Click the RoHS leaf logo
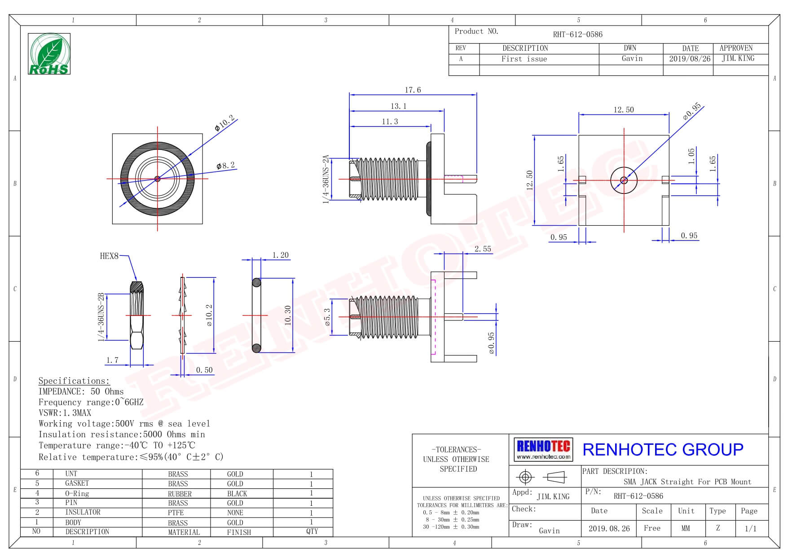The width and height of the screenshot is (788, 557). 49,54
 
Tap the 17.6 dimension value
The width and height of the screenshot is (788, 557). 413,90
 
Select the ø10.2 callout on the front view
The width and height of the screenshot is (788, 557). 225,123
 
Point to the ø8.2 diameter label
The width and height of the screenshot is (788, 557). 225,166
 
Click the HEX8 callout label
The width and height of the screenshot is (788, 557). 109,256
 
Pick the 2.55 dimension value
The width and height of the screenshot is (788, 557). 483,249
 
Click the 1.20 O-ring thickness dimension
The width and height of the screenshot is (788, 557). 281,255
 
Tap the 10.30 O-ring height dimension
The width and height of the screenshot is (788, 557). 288,315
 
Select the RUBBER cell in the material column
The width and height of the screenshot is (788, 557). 180,494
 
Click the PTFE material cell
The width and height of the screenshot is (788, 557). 176,513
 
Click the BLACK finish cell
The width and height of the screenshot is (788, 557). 237,494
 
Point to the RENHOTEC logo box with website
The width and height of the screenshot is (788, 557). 543,449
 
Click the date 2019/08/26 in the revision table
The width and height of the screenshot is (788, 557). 690,59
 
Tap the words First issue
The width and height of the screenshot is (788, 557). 524,59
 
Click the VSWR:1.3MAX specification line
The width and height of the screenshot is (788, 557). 65,413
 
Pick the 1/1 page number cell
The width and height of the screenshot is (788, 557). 750,528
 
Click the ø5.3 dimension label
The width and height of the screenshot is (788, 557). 327,317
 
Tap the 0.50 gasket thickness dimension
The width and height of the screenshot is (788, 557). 204,370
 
